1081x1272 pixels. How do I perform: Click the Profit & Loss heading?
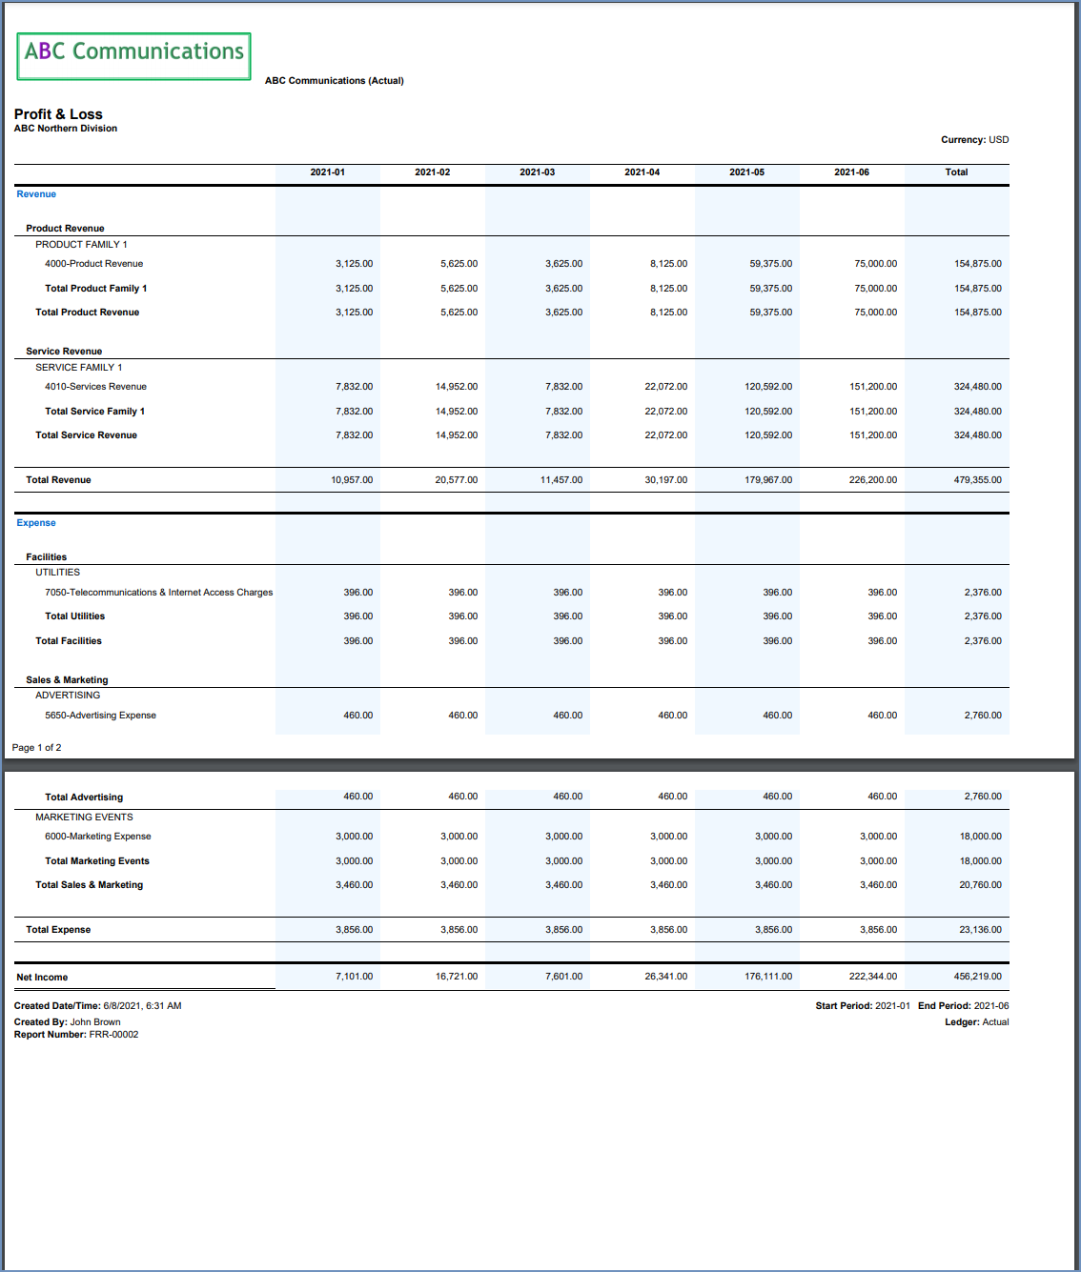tap(58, 114)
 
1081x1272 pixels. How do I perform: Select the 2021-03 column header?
tap(537, 172)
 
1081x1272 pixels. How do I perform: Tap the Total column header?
tap(956, 172)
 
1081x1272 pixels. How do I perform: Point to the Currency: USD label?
tap(974, 140)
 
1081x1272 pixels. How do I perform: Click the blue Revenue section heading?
tap(36, 194)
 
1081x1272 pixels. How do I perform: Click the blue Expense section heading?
tap(36, 523)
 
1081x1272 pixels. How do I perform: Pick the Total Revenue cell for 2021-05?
tap(767, 480)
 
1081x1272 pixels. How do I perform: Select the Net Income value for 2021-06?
tap(872, 977)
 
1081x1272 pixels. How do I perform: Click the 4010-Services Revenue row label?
tap(95, 387)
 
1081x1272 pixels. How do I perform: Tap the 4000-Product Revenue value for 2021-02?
tap(459, 264)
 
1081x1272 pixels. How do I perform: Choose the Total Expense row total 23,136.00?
tap(980, 930)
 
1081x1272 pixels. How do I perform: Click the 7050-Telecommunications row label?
tap(158, 593)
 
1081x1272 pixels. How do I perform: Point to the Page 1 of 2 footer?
tap(36, 748)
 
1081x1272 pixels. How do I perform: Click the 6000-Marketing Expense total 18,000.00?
tap(980, 837)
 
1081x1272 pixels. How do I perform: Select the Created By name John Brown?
tap(95, 1022)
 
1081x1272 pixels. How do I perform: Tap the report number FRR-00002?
tap(113, 1035)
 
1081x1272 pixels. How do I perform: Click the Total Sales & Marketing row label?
tap(89, 885)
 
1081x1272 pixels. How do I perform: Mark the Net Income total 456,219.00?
tap(977, 977)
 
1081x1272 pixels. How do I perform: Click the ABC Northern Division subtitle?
tap(66, 129)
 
